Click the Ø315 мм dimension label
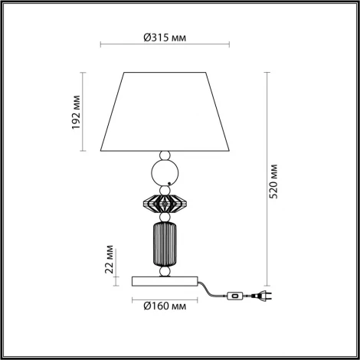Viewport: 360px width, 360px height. click(x=165, y=37)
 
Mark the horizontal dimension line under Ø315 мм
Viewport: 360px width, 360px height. click(x=166, y=48)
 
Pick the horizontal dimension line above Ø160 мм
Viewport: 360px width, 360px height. click(x=166, y=295)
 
